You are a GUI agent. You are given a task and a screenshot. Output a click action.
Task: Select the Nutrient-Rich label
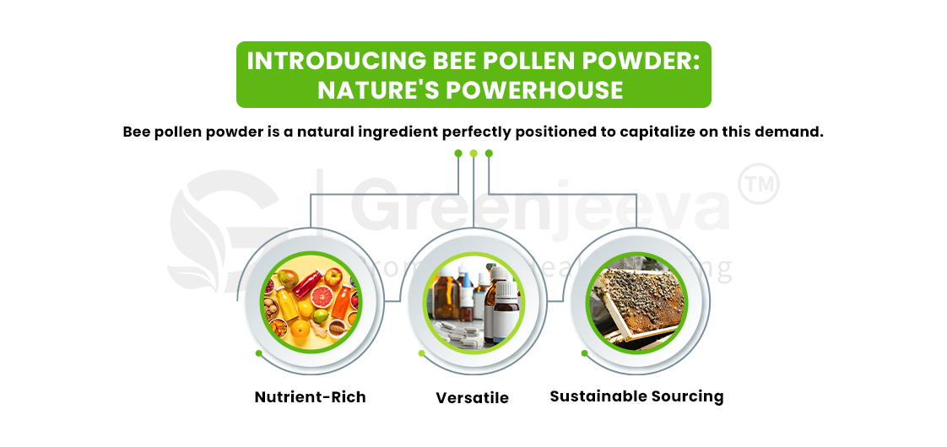pyautogui.click(x=310, y=397)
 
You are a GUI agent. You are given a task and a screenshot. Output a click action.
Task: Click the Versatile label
pyautogui.click(x=472, y=398)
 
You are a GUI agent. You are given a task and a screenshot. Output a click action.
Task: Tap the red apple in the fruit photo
pyautogui.click(x=333, y=275)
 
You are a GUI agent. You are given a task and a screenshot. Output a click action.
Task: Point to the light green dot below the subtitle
pyautogui.click(x=473, y=153)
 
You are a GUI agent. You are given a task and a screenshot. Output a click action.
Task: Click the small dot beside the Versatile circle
pyautogui.click(x=421, y=353)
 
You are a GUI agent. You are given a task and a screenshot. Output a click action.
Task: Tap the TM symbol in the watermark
pyautogui.click(x=757, y=185)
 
